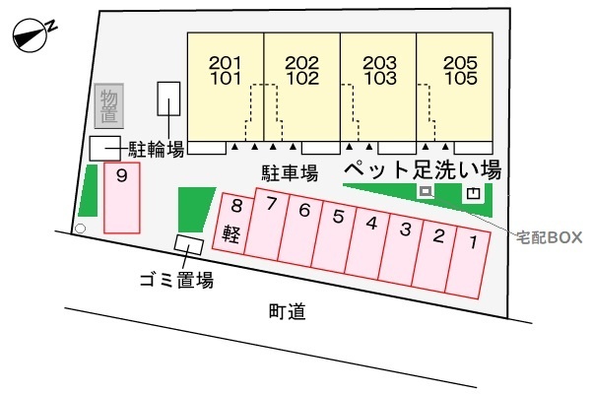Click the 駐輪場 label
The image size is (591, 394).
point(157,149)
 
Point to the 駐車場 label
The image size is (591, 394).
point(289,172)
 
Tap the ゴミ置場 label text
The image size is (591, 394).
point(176,279)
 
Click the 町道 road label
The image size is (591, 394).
point(286,312)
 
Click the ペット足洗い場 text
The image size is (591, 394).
point(422,168)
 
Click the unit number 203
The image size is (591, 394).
point(379,62)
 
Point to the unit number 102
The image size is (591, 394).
point(301,77)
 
